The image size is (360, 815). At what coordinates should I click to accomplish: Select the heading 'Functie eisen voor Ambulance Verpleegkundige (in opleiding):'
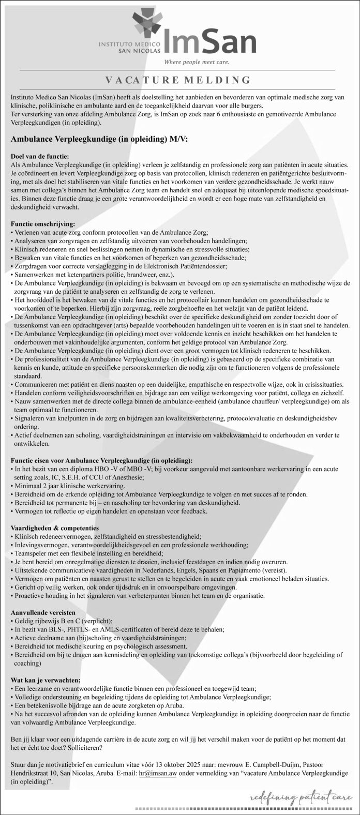click(x=102, y=460)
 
